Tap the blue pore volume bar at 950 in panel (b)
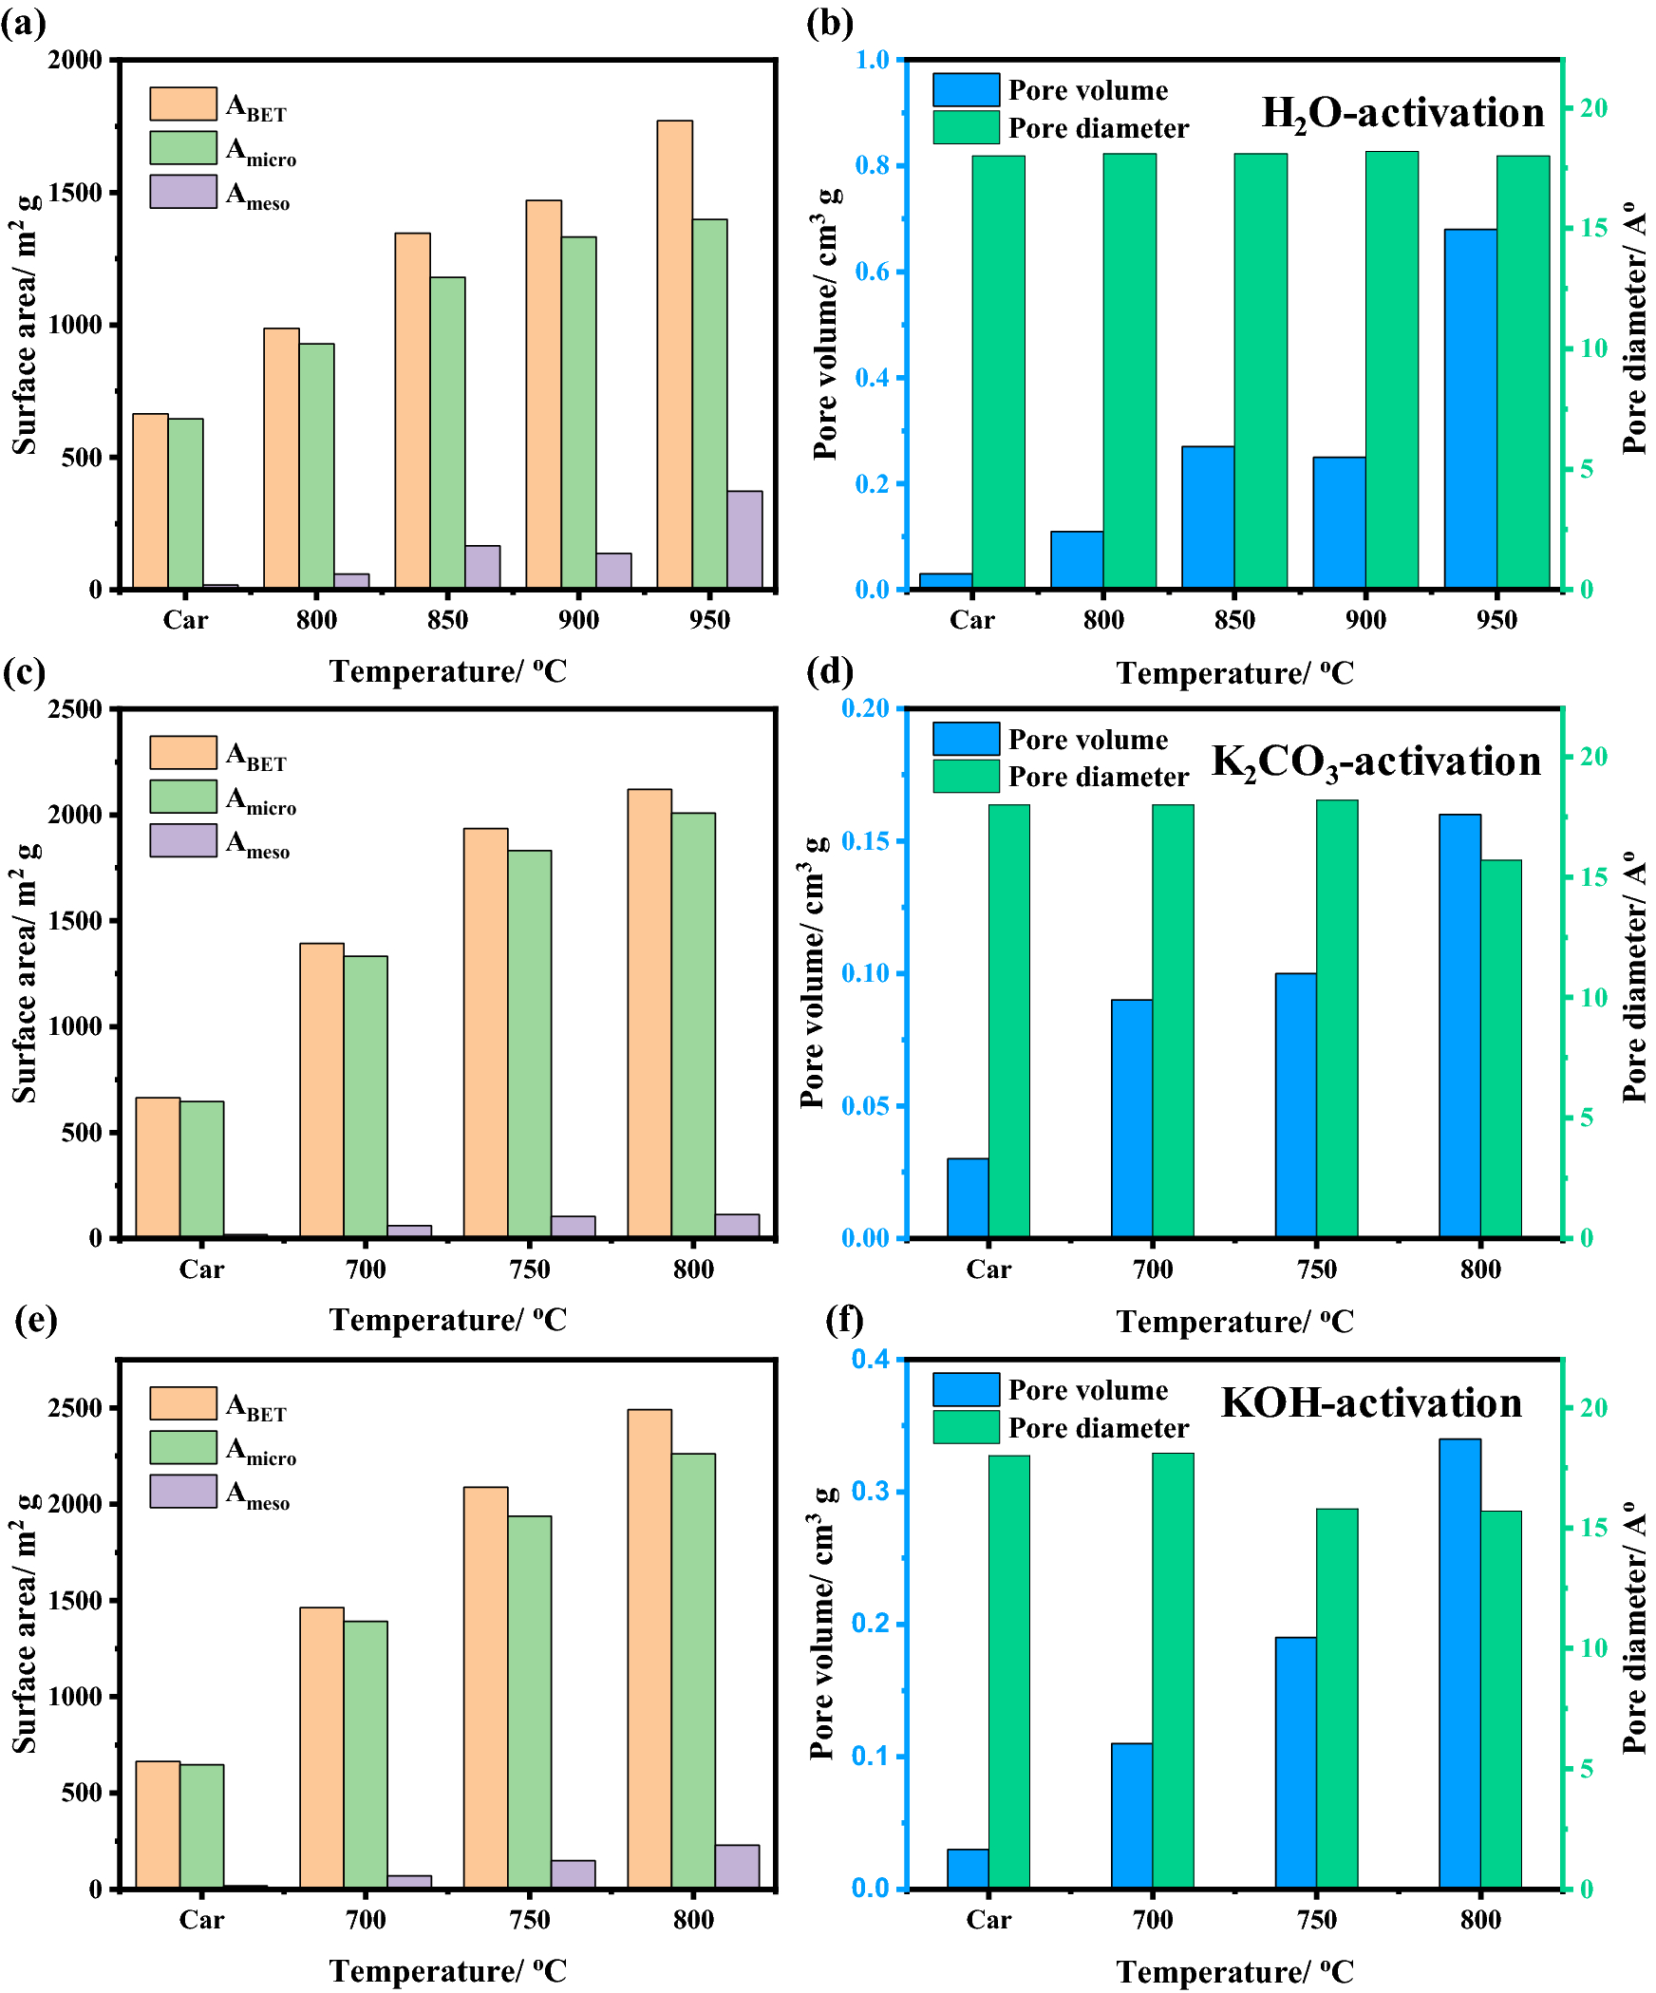pyautogui.click(x=1470, y=408)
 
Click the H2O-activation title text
pyautogui.click(x=1402, y=114)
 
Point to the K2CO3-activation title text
pyautogui.click(x=1376, y=762)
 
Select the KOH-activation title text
pyautogui.click(x=1371, y=1403)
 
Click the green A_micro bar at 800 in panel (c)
pyautogui.click(x=693, y=1025)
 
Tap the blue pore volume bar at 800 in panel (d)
pyautogui.click(x=1459, y=1025)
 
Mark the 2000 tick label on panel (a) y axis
pyautogui.click(x=75, y=60)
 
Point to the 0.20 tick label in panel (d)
pyautogui.click(x=864, y=708)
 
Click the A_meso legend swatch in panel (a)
pyautogui.click(x=182, y=192)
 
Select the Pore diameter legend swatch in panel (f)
pyautogui.click(x=965, y=1427)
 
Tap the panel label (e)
pyautogui.click(x=35, y=1319)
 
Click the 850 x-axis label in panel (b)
pyautogui.click(x=1233, y=620)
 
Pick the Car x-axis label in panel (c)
pyautogui.click(x=201, y=1269)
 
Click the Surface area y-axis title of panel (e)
pyautogui.click(x=25, y=1623)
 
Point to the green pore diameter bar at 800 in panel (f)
pyautogui.click(x=1500, y=1700)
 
